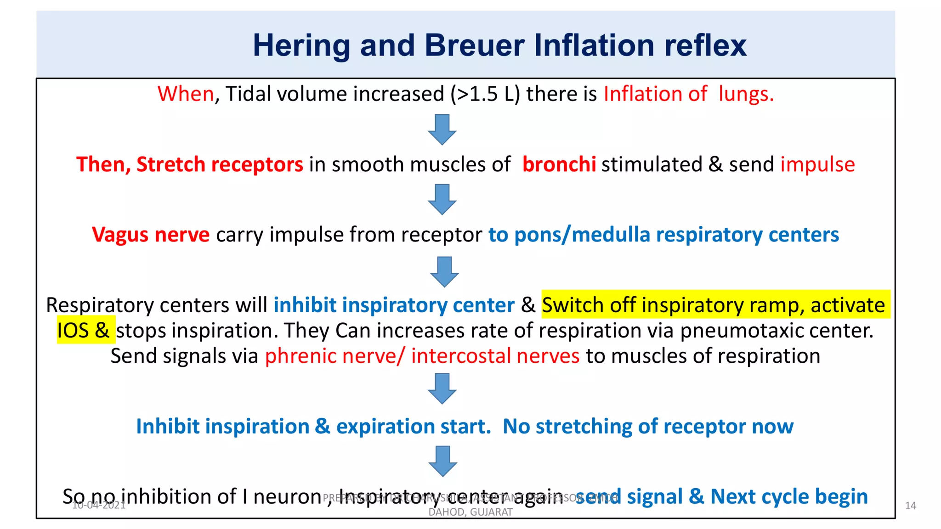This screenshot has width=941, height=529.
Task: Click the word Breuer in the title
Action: coord(474,45)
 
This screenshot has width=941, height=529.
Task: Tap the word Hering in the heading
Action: coord(301,45)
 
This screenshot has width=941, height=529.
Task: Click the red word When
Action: coord(186,94)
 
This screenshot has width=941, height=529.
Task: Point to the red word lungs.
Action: coord(746,94)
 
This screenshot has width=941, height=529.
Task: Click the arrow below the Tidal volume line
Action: coord(442,129)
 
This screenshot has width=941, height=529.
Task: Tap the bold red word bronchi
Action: coord(559,164)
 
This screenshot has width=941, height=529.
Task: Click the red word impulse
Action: coord(817,164)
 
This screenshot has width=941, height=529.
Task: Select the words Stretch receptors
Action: coord(220,164)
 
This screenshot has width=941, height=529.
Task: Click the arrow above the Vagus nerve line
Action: coord(442,199)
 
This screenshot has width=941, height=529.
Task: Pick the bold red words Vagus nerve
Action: coord(151,235)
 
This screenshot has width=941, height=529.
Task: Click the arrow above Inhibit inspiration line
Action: coord(442,388)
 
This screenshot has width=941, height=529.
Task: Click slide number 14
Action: coord(910,506)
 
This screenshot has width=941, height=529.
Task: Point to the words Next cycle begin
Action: coord(789,496)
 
